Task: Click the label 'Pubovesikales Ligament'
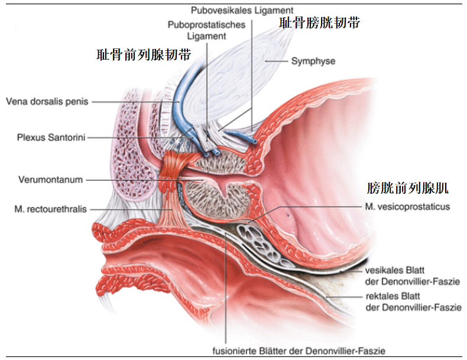tap(241, 10)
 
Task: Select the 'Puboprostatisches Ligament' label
tap(197, 30)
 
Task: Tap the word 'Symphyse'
tap(313, 61)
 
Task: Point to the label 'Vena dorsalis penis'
tap(47, 101)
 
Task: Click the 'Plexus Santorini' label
tap(51, 137)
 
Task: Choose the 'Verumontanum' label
tap(50, 179)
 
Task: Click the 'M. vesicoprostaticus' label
tap(407, 206)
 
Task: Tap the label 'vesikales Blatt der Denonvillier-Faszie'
tap(412, 275)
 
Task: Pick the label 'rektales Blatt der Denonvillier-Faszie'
tap(412, 301)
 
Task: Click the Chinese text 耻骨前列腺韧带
tap(144, 55)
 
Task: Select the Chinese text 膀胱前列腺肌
tap(407, 189)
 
